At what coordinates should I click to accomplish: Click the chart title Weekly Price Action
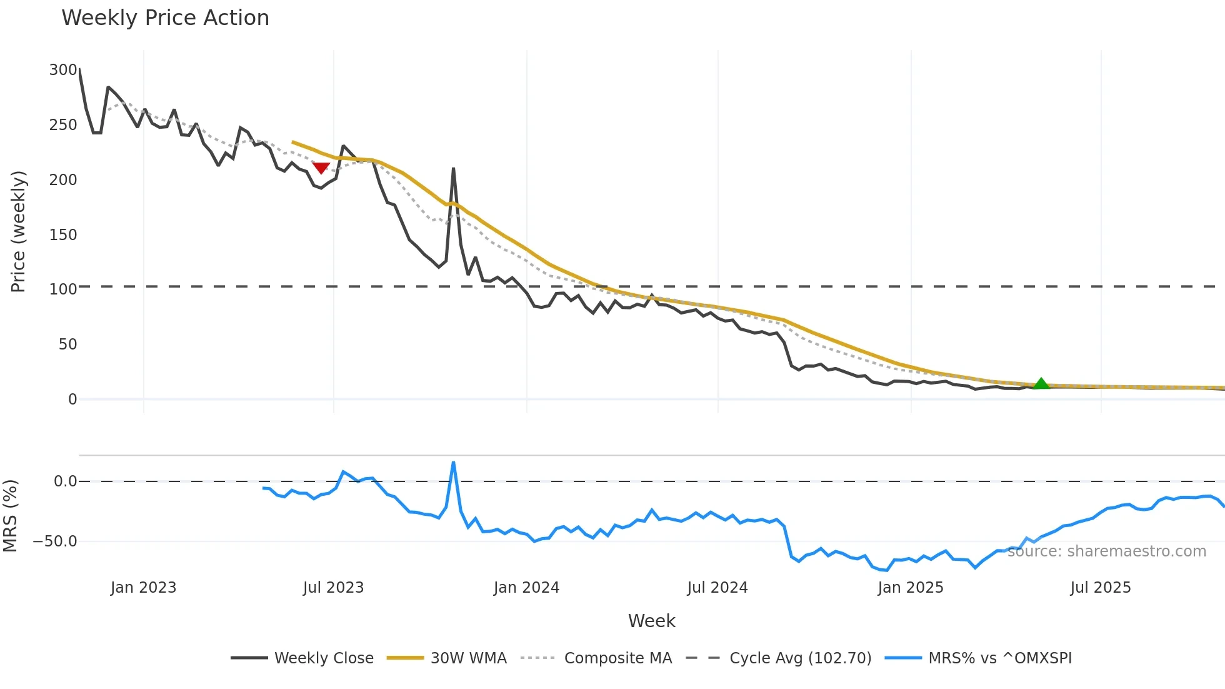tap(165, 18)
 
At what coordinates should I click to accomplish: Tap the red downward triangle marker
tap(321, 168)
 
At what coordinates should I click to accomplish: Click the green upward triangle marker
tap(1041, 383)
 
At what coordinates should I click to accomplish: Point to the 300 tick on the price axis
tap(63, 70)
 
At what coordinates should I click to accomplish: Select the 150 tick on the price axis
tap(63, 234)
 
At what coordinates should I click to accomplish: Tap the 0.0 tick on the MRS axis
tap(65, 481)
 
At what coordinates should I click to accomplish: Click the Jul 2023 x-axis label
tap(333, 588)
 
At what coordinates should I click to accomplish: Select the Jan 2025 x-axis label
tap(910, 588)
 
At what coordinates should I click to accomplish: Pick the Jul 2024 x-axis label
tap(717, 588)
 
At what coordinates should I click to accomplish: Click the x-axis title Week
tap(651, 621)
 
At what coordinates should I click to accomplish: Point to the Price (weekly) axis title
tap(18, 231)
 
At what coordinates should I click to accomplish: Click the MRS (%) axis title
tap(11, 516)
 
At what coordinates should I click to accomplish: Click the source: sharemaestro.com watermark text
tap(1106, 551)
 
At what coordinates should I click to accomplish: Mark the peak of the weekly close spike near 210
tap(453, 168)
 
